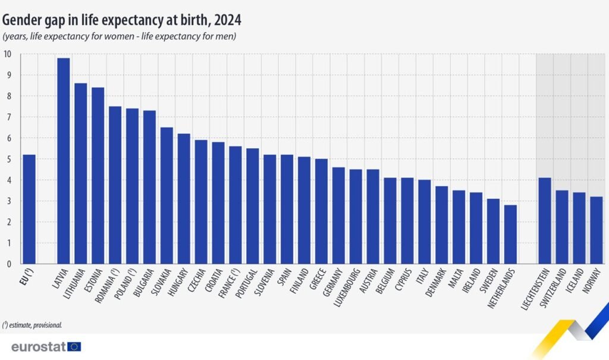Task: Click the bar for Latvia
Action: (x=63, y=161)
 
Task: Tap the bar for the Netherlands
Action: (x=510, y=234)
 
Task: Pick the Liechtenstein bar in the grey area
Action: (x=545, y=221)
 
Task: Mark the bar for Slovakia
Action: (x=167, y=196)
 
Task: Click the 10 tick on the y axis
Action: (x=7, y=54)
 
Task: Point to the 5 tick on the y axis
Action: (x=8, y=159)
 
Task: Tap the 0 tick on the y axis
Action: (x=8, y=264)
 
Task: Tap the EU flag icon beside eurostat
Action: (x=74, y=346)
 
